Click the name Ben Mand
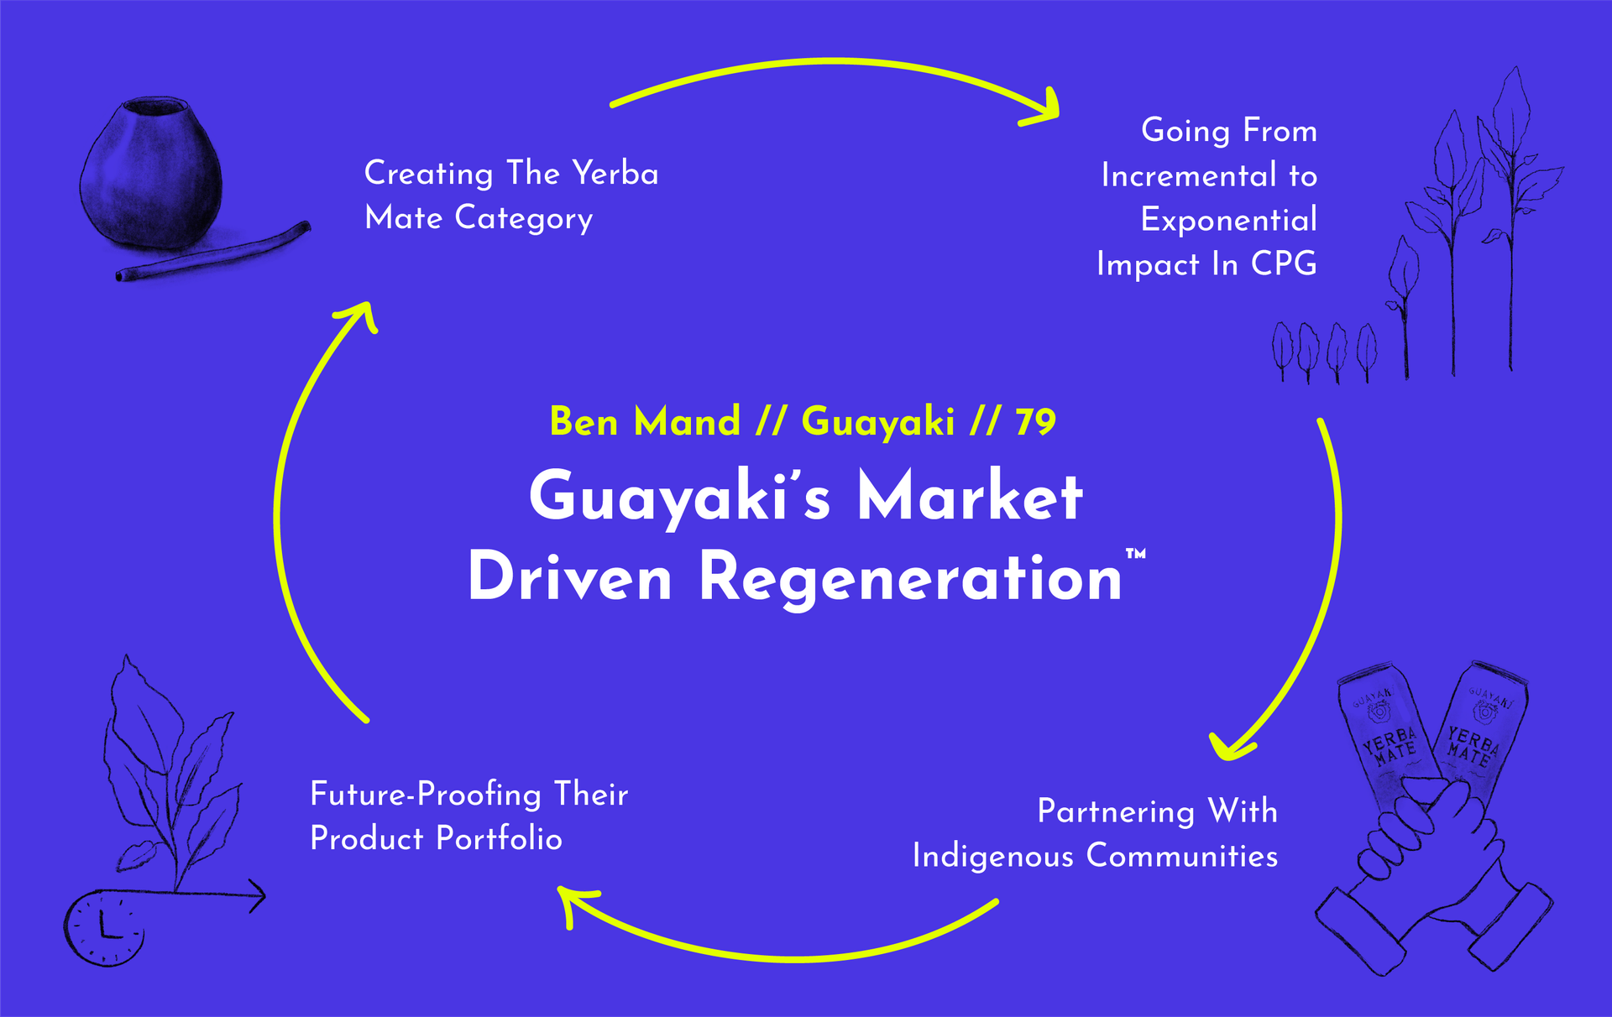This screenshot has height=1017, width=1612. click(x=645, y=421)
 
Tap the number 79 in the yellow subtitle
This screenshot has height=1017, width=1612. click(x=1035, y=422)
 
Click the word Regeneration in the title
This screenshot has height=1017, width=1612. click(x=909, y=577)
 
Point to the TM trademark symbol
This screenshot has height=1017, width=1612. click(x=1135, y=553)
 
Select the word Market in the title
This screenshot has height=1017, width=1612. click(x=970, y=497)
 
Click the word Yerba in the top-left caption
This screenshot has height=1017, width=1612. click(x=615, y=174)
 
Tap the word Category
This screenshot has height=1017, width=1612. click(x=524, y=219)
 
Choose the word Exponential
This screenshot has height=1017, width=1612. click(x=1228, y=220)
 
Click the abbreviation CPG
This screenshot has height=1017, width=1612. click(x=1284, y=264)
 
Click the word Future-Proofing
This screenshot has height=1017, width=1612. click(x=426, y=795)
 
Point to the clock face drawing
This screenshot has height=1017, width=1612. click(x=104, y=928)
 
